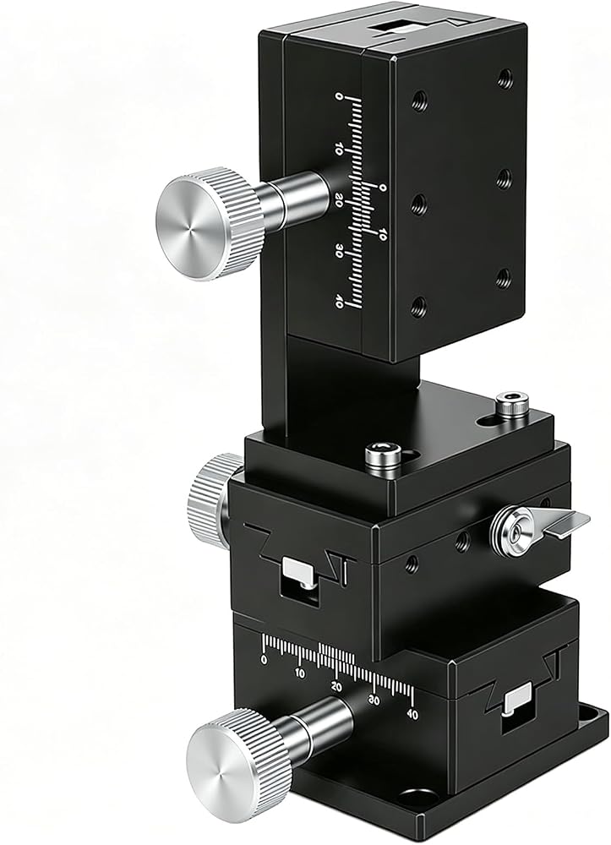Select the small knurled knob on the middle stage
[211, 501]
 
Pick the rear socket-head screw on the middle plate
[512, 403]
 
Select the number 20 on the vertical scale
[339, 200]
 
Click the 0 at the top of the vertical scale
[339, 96]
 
